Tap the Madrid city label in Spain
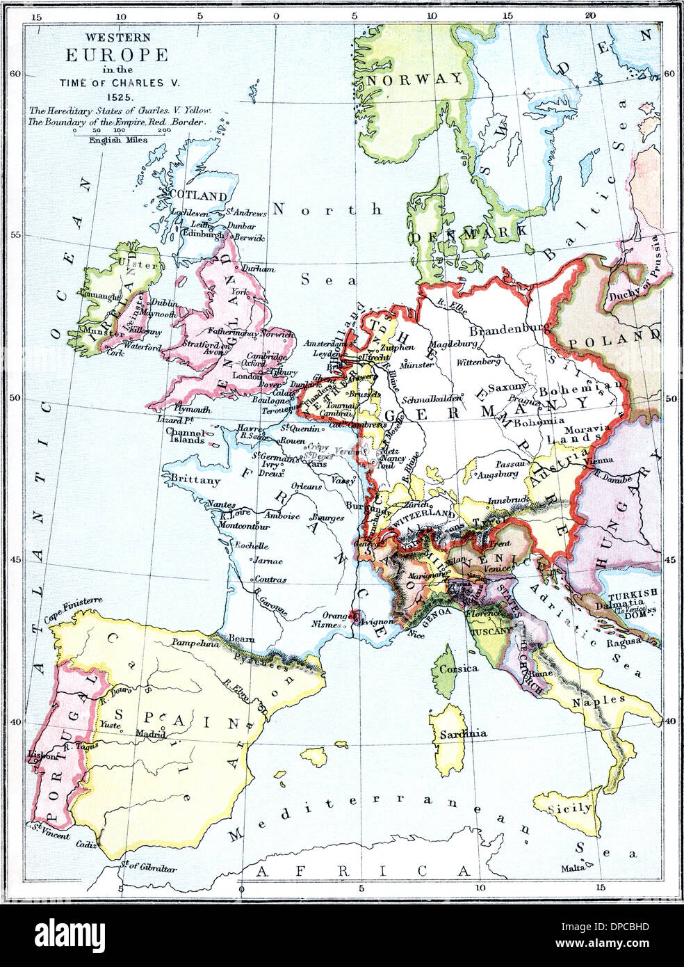point(151,733)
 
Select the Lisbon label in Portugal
point(38,754)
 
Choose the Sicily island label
point(570,808)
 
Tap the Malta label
point(572,869)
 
